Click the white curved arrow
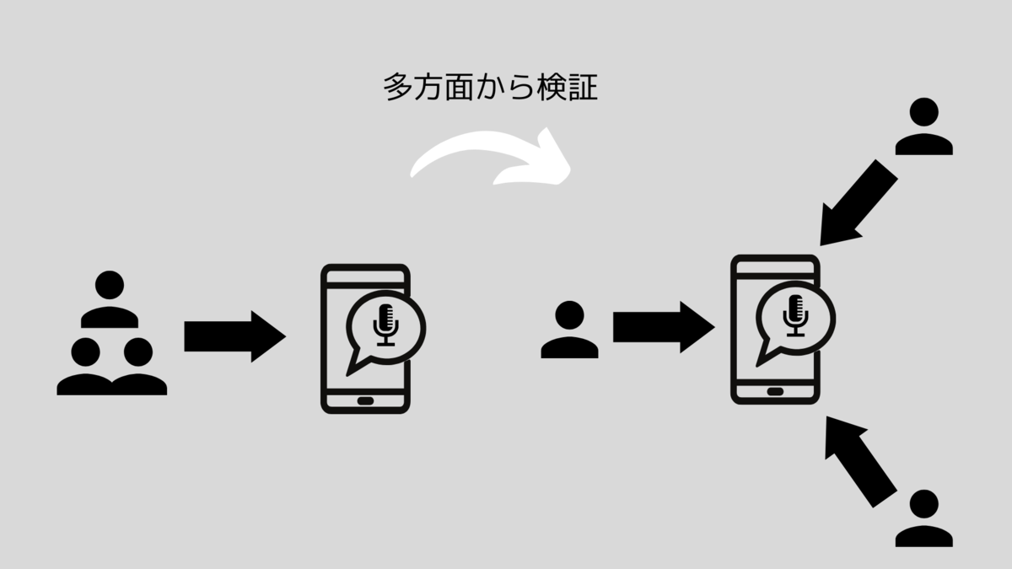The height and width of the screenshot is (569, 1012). tap(489, 157)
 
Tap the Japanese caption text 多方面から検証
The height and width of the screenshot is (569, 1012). tap(490, 88)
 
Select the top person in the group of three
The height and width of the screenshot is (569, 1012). tap(110, 299)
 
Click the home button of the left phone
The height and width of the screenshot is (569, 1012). tap(365, 400)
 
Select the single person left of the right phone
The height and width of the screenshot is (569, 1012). tap(570, 330)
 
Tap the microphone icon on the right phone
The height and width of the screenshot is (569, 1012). tap(794, 314)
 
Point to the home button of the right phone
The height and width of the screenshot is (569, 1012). tap(775, 390)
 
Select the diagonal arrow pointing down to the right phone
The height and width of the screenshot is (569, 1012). tap(859, 202)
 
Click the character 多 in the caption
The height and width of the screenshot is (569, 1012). tap(397, 88)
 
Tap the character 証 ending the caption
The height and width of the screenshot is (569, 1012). tap(584, 88)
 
